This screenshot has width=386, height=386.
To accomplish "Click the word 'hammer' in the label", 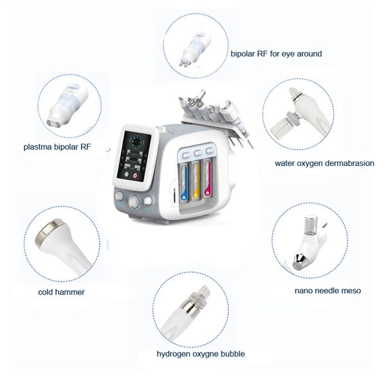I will (71, 292).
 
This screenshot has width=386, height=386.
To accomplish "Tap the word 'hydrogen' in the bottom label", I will (174, 354).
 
